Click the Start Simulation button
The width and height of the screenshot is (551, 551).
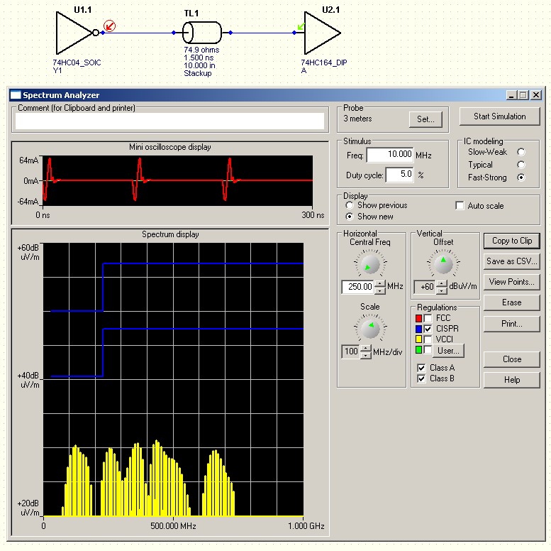pyautogui.click(x=499, y=116)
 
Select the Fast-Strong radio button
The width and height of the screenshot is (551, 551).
pyautogui.click(x=521, y=178)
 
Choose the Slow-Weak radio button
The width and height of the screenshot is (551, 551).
pyautogui.click(x=521, y=152)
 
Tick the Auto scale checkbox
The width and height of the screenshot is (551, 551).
pyautogui.click(x=460, y=205)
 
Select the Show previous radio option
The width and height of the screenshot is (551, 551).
pyautogui.click(x=350, y=205)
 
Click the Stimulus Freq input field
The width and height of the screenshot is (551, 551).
pyautogui.click(x=390, y=155)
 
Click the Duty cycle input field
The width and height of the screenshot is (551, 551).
pyautogui.click(x=399, y=175)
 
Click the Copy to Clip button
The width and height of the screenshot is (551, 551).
pyautogui.click(x=512, y=241)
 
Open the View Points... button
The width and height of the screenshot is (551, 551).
pyautogui.click(x=512, y=282)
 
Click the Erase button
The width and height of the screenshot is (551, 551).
pyautogui.click(x=512, y=302)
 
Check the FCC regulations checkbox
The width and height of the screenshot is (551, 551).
pyautogui.click(x=428, y=318)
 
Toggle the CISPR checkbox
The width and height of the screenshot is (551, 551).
pyautogui.click(x=428, y=329)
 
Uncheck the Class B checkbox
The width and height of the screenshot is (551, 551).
pyautogui.click(x=421, y=378)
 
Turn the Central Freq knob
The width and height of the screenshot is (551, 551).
pyautogui.click(x=370, y=263)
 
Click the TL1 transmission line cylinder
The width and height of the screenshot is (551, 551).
pyautogui.click(x=202, y=33)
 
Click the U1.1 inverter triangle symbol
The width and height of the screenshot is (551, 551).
pyautogui.click(x=74, y=33)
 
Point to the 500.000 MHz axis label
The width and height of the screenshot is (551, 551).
pyautogui.click(x=173, y=526)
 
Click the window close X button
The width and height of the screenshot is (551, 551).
pyautogui.click(x=536, y=95)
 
